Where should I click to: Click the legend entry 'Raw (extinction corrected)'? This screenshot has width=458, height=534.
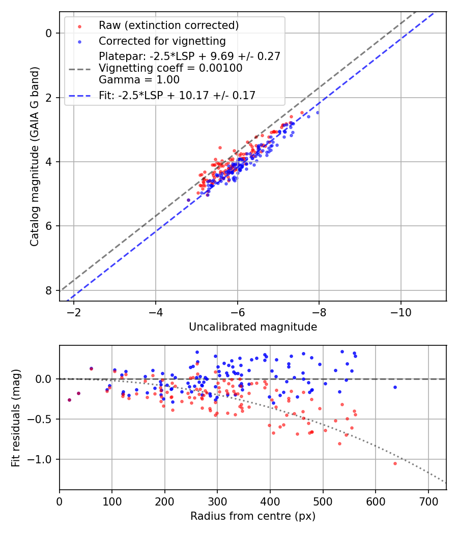(x=168, y=25)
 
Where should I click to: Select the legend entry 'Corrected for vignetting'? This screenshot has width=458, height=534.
(x=162, y=41)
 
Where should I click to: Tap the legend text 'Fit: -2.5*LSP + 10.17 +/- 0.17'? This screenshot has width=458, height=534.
(x=177, y=95)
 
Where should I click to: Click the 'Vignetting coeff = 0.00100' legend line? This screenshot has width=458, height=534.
(x=170, y=68)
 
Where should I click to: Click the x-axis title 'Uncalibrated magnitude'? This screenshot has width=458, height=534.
(x=253, y=327)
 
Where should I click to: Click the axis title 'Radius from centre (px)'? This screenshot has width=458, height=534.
(x=253, y=516)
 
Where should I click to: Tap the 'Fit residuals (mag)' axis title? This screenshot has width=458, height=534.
(x=16, y=418)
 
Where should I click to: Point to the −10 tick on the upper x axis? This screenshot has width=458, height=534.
(x=400, y=311)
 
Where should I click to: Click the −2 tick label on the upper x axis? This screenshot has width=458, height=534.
(x=74, y=311)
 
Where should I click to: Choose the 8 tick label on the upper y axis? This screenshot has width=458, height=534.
(x=49, y=290)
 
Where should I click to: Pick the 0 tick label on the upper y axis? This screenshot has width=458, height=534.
(x=49, y=33)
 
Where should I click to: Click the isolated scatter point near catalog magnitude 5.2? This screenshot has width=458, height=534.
(x=188, y=200)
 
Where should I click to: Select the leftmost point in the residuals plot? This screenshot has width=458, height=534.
(x=69, y=400)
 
